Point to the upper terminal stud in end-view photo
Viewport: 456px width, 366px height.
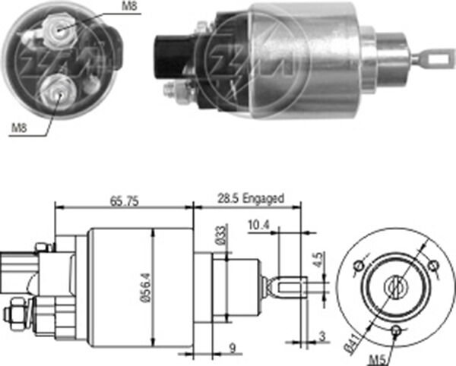click(56, 28)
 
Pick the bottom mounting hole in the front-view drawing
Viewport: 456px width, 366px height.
click(395, 330)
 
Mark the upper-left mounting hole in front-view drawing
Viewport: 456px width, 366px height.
click(359, 267)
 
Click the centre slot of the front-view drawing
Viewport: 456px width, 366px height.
click(395, 287)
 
